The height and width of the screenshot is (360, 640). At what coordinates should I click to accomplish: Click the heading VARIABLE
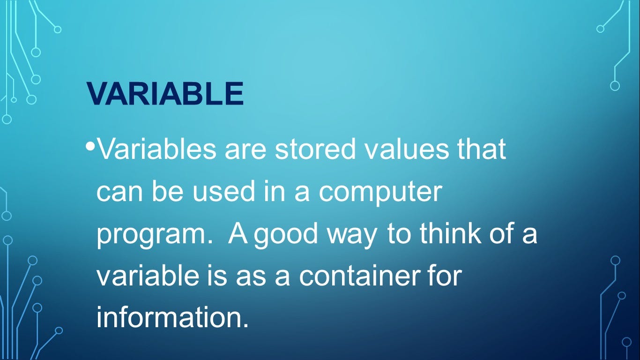tap(165, 93)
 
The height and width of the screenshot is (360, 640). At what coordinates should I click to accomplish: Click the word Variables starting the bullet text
tap(157, 149)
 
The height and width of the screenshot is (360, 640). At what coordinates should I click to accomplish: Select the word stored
tap(315, 149)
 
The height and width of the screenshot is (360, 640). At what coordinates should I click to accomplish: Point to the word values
tap(408, 149)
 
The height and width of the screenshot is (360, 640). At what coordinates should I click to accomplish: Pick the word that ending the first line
tap(482, 149)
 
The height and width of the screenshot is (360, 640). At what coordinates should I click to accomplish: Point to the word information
tap(172, 317)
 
